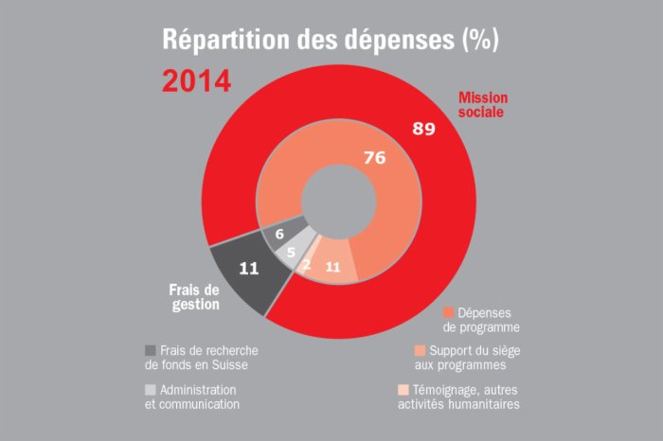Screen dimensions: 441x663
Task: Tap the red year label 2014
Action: coord(196,80)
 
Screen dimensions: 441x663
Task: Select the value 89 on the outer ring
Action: coord(423,128)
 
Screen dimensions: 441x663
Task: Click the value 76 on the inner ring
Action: coord(374,158)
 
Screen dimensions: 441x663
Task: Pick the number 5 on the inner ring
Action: coord(292,253)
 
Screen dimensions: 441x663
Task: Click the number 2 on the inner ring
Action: coord(307,266)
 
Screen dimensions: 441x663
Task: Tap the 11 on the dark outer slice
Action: coord(249,268)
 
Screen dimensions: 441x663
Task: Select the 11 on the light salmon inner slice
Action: coord(332,267)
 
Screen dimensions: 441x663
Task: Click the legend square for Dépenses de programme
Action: coord(449,311)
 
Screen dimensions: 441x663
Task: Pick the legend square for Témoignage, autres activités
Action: coord(403,389)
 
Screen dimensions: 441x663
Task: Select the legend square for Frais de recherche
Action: coord(151,349)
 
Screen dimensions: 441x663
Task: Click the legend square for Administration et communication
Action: coord(151,389)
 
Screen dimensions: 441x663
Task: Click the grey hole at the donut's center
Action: coord(336,199)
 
